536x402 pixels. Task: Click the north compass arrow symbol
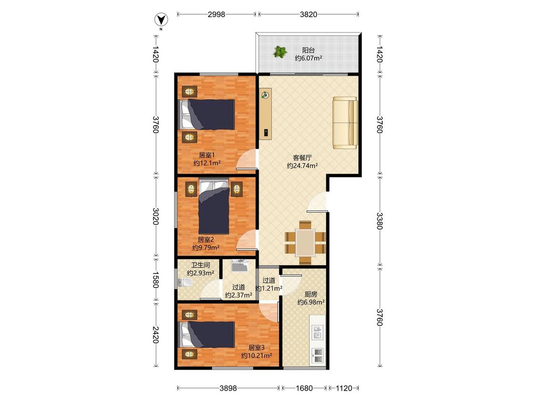tap(161, 20)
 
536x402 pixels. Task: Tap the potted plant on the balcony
tap(280, 52)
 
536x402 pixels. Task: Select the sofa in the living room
tap(345, 123)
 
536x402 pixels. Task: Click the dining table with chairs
tap(305, 243)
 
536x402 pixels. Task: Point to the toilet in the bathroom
tap(185, 282)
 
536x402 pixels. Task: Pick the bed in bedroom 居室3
tap(207, 334)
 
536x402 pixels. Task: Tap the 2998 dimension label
tap(216, 14)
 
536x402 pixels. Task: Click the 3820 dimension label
tap(308, 14)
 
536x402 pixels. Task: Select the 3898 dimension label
tap(228, 388)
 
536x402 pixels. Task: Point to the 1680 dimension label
tap(304, 388)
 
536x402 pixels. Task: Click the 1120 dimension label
tap(344, 388)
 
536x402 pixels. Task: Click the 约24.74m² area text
tap(302, 166)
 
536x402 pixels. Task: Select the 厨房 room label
tap(311, 294)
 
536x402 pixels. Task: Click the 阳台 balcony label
tap(308, 50)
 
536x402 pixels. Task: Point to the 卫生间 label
tap(200, 265)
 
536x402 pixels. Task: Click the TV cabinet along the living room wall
tap(265, 114)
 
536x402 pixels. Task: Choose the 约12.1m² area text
tap(207, 163)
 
